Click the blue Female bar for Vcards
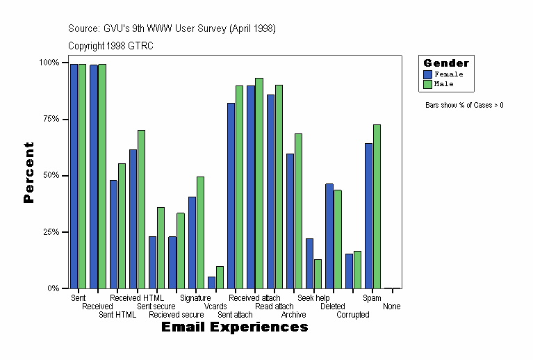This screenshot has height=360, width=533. click(211, 282)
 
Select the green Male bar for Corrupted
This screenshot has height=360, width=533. click(357, 270)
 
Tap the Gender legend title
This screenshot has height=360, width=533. click(446, 63)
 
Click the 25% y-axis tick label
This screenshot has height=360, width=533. click(48, 232)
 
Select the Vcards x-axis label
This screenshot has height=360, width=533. click(215, 306)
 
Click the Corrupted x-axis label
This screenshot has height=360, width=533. click(353, 315)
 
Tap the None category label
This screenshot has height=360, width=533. click(391, 306)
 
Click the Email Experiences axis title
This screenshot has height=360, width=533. click(234, 327)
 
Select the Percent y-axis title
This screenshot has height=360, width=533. click(28, 172)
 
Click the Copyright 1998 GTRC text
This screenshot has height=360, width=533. click(111, 46)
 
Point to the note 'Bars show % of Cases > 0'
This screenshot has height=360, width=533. click(464, 106)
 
